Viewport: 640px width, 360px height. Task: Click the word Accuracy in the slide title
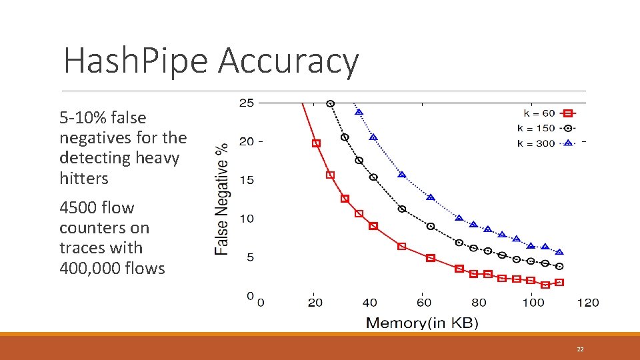[x=288, y=61]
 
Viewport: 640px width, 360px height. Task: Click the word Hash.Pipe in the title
[x=135, y=61]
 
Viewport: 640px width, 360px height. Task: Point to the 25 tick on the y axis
[x=246, y=103]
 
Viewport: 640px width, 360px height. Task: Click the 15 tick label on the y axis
[x=246, y=180]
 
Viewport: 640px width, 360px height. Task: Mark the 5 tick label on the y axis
[x=249, y=257]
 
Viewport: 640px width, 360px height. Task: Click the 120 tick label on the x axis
[x=588, y=303]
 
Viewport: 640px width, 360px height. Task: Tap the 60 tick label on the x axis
[x=424, y=303]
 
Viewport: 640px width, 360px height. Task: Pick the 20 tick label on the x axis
[x=315, y=303]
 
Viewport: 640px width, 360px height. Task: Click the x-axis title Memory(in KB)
[x=422, y=323]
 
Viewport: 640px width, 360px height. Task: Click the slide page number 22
[x=580, y=349]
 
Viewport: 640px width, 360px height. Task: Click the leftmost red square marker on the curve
[x=316, y=143]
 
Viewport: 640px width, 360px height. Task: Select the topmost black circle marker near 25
[x=330, y=103]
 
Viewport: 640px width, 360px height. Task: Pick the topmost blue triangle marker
[x=359, y=112]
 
